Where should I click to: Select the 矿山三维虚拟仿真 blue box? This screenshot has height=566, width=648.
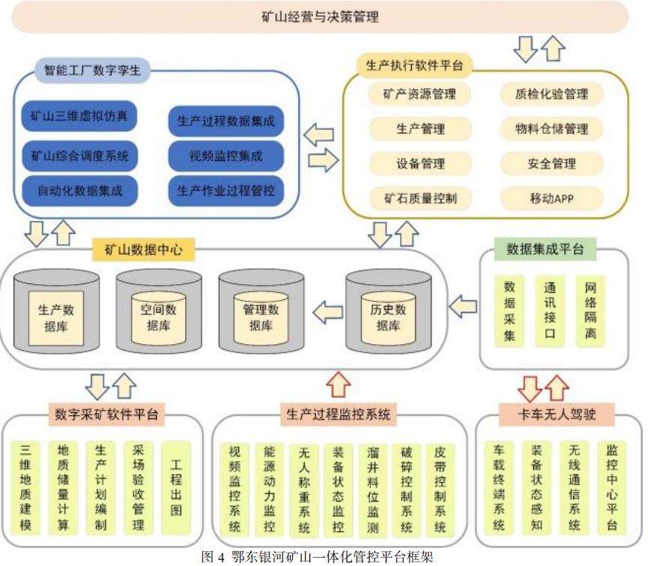(79, 116)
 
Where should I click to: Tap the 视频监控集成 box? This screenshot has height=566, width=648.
(226, 156)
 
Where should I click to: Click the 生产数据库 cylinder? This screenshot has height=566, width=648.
(55, 316)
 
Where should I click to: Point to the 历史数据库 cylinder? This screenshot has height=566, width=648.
(388, 316)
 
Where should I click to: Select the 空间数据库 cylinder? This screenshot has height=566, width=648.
(158, 316)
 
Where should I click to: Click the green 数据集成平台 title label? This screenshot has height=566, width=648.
(545, 249)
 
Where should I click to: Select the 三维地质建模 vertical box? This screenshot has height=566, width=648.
(26, 487)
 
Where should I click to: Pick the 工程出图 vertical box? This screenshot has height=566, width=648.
(177, 487)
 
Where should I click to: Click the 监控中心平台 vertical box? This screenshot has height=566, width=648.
(612, 487)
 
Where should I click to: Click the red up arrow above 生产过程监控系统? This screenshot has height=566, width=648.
(339, 385)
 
